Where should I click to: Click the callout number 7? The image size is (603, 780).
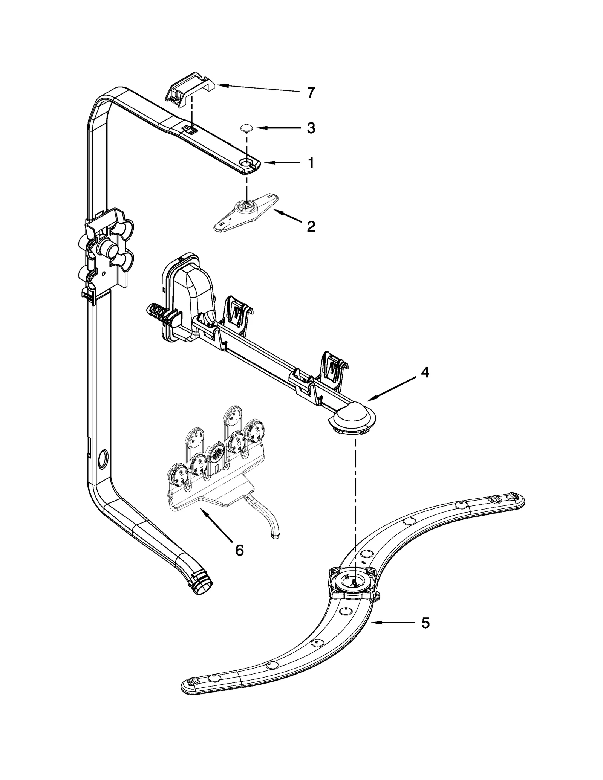tap(311, 93)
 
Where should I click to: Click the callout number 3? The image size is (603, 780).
tap(311, 128)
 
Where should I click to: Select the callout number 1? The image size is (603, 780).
tap(311, 163)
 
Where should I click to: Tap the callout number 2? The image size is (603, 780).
tap(311, 226)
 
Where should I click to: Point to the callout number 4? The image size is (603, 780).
tap(425, 372)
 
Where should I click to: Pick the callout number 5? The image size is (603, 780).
tap(425, 623)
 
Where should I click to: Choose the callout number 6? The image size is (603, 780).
tap(239, 550)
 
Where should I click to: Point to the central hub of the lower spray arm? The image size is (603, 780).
tap(353, 585)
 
